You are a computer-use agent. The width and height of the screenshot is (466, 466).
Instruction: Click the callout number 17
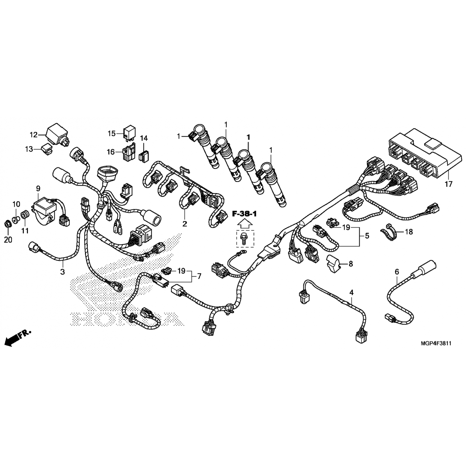tap(448, 184)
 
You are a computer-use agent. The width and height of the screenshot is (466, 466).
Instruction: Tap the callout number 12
tap(34, 135)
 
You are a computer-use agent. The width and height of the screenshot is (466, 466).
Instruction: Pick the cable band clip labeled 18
tap(388, 231)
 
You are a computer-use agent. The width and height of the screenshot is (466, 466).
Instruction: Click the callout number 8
tap(350, 264)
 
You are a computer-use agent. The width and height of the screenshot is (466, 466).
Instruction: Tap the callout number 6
tap(397, 272)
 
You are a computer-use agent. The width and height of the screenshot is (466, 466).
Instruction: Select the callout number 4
tap(351, 292)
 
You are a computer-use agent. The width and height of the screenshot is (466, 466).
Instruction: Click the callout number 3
tap(62, 272)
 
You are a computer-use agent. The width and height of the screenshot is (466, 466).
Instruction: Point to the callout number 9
tap(38, 189)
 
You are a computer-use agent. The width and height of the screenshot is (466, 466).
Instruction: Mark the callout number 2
tap(185, 224)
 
